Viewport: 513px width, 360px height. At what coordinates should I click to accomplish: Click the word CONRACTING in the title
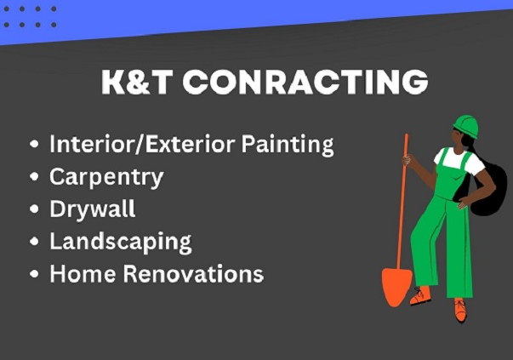[x=305, y=82]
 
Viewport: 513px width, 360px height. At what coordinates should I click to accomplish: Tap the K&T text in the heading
[x=137, y=82]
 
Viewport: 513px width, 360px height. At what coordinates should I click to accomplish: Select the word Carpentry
[x=106, y=178]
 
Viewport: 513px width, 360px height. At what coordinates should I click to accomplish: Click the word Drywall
[x=92, y=209]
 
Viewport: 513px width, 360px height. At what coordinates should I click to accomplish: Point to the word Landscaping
[x=121, y=243]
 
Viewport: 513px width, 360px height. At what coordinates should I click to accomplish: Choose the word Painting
[x=288, y=145]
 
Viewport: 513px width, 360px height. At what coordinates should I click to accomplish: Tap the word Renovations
[x=193, y=273]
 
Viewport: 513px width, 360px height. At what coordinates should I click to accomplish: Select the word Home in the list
[x=83, y=273]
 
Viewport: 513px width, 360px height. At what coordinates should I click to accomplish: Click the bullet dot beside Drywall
[x=34, y=209]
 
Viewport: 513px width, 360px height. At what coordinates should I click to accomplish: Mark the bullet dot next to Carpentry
[x=34, y=177]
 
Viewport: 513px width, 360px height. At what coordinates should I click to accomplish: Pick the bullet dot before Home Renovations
[x=34, y=273]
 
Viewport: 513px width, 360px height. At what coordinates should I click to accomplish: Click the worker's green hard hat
[x=466, y=126]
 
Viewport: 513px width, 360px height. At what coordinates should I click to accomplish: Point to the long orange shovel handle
[x=402, y=201]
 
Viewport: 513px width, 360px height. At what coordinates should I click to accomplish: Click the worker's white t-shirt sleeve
[x=477, y=166]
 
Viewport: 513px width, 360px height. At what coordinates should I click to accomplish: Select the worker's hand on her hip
[x=463, y=204]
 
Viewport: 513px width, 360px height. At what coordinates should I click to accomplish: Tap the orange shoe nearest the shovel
[x=421, y=295]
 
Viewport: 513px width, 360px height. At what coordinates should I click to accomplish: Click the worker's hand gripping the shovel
[x=406, y=160]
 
